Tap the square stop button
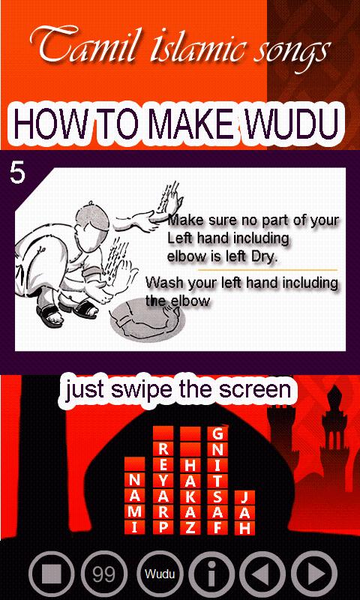[x=51, y=574]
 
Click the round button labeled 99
[x=104, y=574]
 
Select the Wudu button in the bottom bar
[x=160, y=574]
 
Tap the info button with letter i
[x=211, y=574]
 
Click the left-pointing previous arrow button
[x=262, y=574]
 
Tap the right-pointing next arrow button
[x=314, y=574]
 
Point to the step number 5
[x=17, y=174]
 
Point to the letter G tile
[x=217, y=434]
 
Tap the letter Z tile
[x=190, y=527]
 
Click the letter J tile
[x=244, y=497]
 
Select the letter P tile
[x=163, y=527]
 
